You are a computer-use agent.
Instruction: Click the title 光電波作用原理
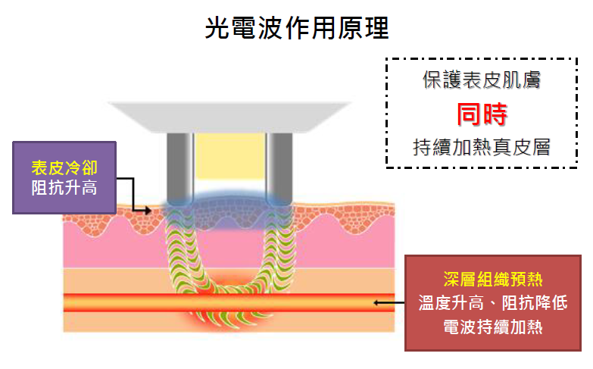coord(297,29)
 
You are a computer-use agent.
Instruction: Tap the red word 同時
coord(481,114)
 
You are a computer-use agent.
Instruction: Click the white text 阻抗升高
coord(64,187)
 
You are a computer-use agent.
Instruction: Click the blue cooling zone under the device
coord(229,199)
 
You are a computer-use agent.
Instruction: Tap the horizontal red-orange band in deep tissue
coord(114,302)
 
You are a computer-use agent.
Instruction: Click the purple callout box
coord(64,177)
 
